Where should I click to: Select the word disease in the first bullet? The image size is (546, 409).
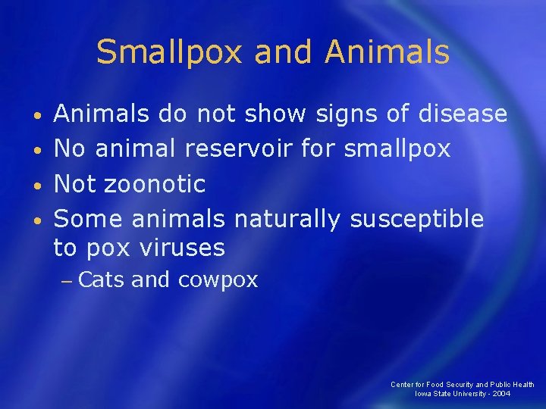click(463, 114)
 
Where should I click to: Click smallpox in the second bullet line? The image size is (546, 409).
click(397, 149)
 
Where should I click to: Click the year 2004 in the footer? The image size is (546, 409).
click(500, 394)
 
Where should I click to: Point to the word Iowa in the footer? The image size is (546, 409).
click(422, 394)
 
